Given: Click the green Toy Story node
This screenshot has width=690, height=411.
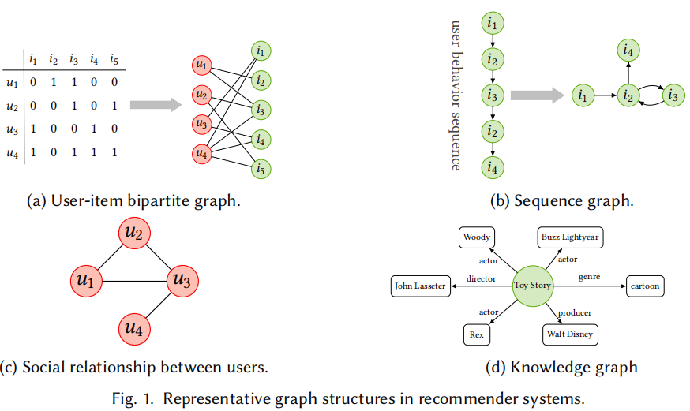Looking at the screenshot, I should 533,286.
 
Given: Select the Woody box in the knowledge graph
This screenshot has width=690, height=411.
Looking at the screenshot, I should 477,237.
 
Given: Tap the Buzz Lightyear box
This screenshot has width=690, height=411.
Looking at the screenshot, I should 568,237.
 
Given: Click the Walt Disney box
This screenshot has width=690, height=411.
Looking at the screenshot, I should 568,334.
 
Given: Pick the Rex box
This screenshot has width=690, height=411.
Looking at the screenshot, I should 477,334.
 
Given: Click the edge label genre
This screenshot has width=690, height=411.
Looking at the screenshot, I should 589,278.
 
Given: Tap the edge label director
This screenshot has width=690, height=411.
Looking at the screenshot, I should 481,278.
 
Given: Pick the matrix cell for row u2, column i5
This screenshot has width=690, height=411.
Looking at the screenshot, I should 114,105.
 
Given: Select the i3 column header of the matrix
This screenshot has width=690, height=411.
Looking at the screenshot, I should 73,59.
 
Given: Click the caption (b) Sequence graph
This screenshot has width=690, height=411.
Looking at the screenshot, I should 561,200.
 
